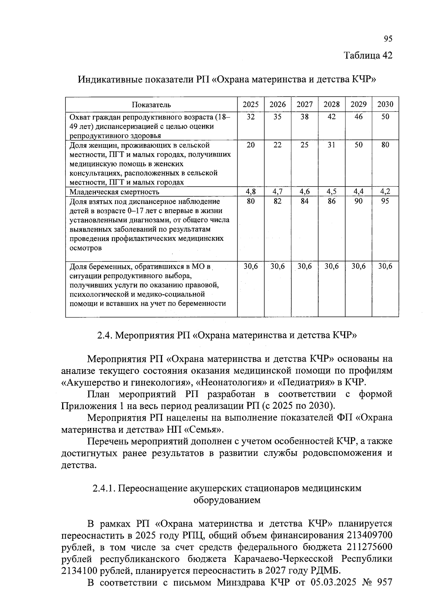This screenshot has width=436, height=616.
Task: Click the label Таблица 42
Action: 368,55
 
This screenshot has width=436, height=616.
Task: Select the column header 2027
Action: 304,105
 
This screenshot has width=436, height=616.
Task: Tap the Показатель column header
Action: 151,105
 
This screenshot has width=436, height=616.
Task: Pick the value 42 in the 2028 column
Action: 331,117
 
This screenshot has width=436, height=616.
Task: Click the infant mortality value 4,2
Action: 385,192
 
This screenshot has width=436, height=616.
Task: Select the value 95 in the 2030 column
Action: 385,201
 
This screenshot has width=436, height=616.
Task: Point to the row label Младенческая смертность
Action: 114,192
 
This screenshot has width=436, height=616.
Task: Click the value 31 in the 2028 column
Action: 331,145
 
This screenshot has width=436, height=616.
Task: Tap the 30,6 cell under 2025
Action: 251,266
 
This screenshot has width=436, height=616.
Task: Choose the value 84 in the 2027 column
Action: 304,201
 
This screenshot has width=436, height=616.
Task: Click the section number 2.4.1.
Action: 104,488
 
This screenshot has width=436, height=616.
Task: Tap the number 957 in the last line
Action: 383,583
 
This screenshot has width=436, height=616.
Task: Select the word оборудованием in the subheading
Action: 227,500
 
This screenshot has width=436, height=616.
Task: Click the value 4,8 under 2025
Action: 251,192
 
